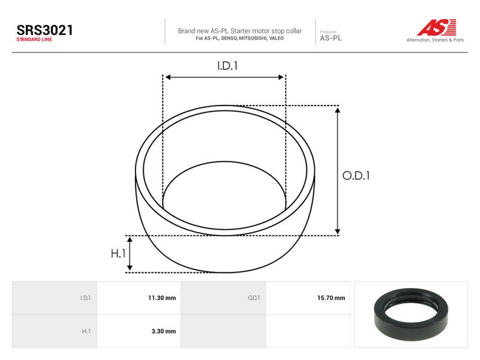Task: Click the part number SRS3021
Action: tap(44, 30)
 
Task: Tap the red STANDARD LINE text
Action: tap(34, 40)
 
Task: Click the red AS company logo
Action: tap(437, 27)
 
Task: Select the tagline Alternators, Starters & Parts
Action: tap(435, 40)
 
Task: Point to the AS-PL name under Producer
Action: tap(331, 38)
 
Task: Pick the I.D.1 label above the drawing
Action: tap(227, 66)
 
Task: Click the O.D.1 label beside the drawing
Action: tap(356, 176)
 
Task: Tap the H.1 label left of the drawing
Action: tap(118, 253)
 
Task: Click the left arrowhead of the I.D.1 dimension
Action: tap(168, 77)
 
